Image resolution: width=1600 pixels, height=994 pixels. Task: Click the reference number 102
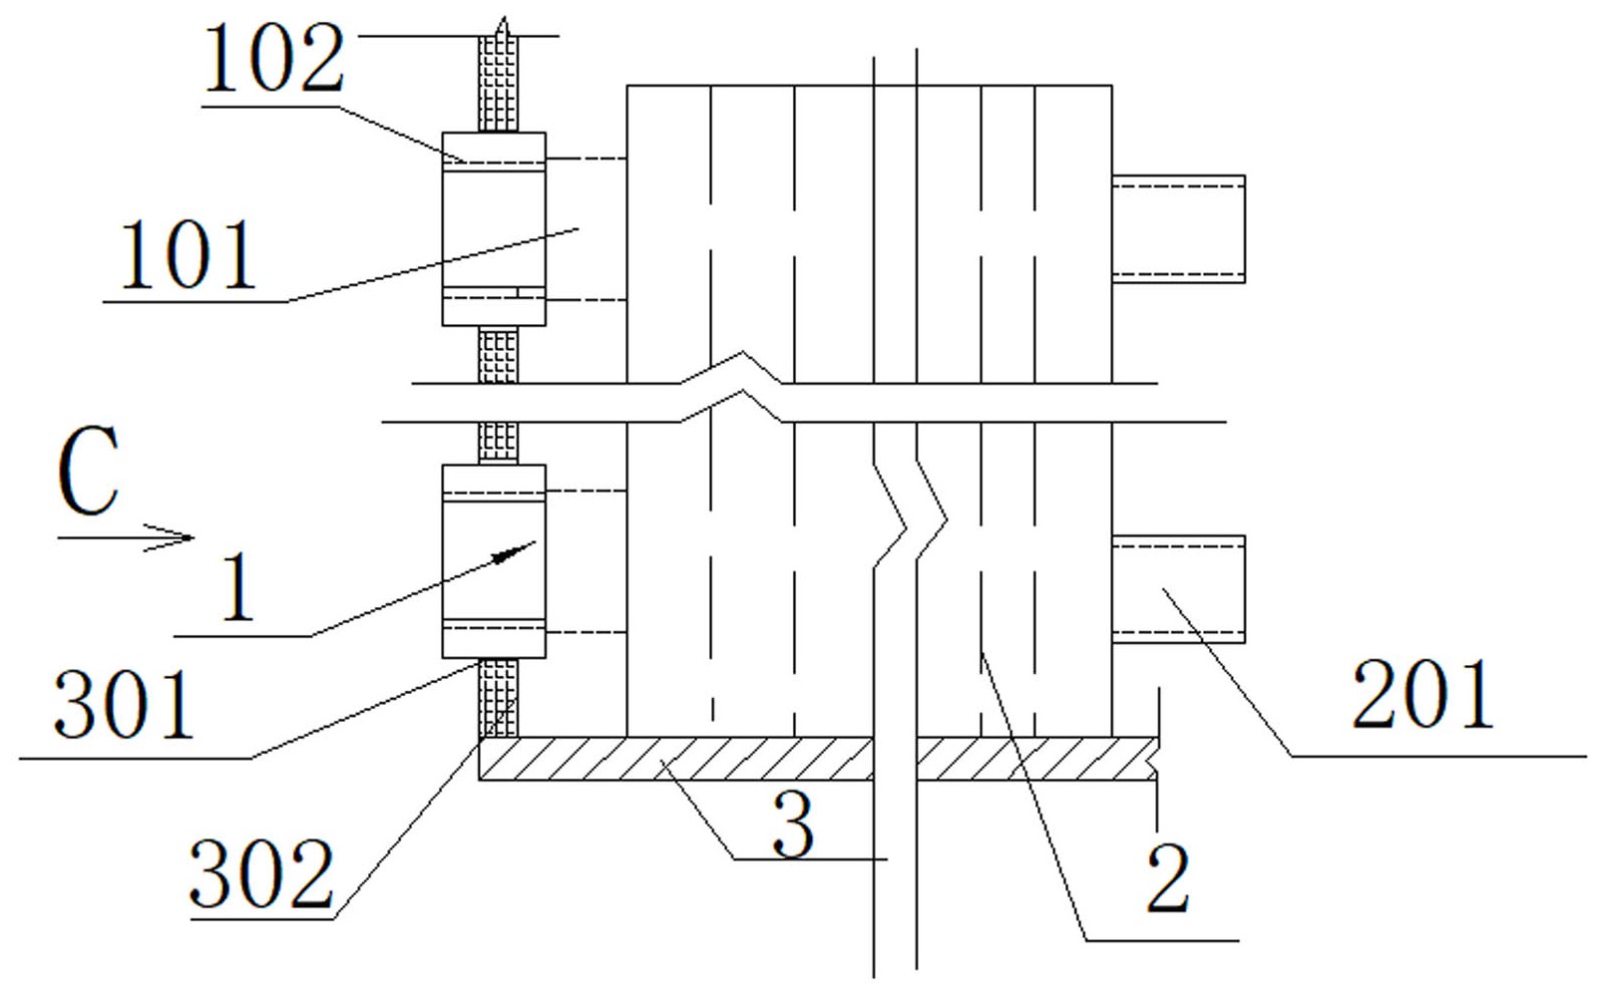274,59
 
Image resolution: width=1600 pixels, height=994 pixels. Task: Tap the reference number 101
189,254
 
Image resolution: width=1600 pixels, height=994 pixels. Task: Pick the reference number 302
261,874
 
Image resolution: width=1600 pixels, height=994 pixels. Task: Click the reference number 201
1422,694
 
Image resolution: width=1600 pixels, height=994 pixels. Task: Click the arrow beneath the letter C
126,537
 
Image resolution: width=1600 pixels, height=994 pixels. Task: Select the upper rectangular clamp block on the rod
494,229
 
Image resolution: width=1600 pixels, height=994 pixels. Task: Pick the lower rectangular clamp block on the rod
494,561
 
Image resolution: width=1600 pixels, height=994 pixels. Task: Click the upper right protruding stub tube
1179,229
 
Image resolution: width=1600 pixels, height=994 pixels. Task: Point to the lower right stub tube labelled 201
1179,589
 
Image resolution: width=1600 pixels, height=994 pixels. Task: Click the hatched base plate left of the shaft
675,759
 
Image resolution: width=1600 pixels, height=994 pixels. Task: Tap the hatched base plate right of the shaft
1037,759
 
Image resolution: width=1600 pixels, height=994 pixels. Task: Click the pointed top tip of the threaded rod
504,17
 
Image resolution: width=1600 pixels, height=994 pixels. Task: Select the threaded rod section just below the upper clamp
498,355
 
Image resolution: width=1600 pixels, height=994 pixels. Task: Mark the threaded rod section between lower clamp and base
498,698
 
